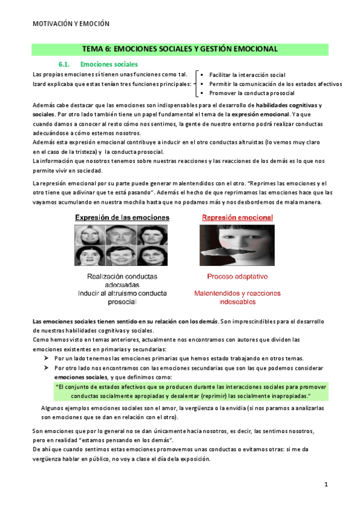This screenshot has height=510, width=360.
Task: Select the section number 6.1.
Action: (x=65, y=64)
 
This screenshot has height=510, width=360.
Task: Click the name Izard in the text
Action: (x=39, y=84)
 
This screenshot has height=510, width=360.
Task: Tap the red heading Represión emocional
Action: (x=237, y=217)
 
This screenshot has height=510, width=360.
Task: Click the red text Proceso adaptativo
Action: (x=237, y=277)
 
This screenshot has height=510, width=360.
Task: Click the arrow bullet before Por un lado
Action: (x=46, y=357)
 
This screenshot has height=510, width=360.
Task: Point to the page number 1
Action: (x=325, y=484)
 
